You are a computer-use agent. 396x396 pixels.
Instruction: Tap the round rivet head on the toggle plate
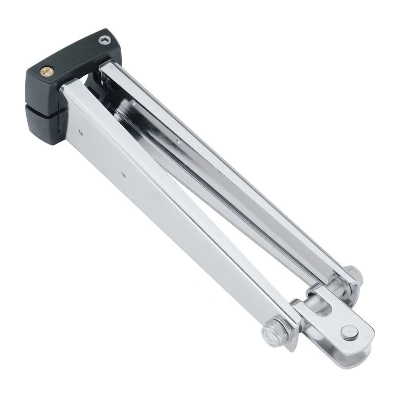click(x=349, y=333)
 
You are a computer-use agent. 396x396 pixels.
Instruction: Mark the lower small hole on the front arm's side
click(x=123, y=173)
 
